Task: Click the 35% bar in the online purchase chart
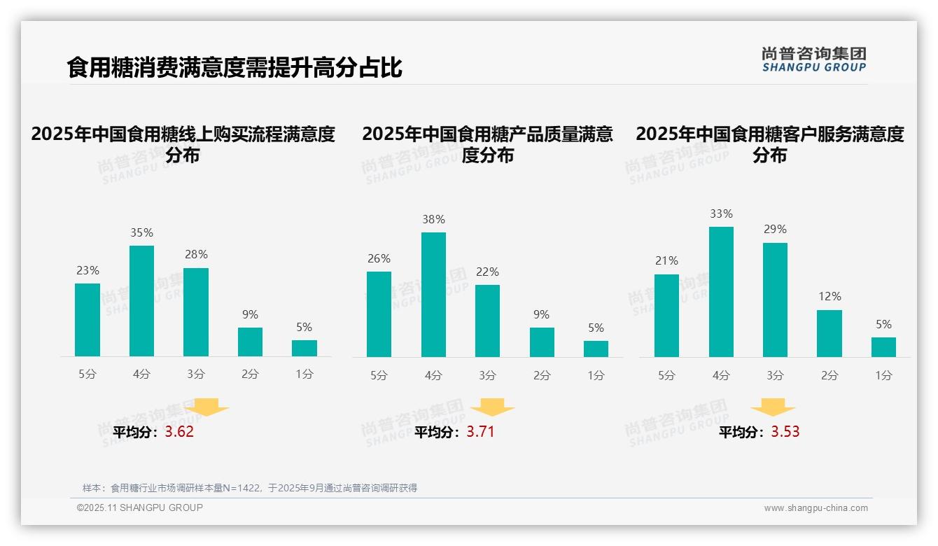pyautogui.click(x=141, y=301)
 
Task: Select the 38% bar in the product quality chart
pyautogui.click(x=433, y=295)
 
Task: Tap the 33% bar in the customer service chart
pyautogui.click(x=721, y=292)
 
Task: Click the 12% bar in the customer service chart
pyautogui.click(x=829, y=333)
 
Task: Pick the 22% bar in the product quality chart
pyautogui.click(x=487, y=321)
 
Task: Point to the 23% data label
pyautogui.click(x=87, y=270)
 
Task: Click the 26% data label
pyautogui.click(x=379, y=258)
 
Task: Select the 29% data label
pyautogui.click(x=775, y=229)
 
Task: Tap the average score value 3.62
pyautogui.click(x=179, y=432)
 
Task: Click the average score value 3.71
pyautogui.click(x=480, y=432)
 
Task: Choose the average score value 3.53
pyautogui.click(x=785, y=432)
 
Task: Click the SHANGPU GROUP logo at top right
pyautogui.click(x=814, y=59)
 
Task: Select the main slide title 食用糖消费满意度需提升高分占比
pyautogui.click(x=234, y=68)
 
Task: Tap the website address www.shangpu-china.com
pyautogui.click(x=815, y=508)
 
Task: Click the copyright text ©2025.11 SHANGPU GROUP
pyautogui.click(x=140, y=507)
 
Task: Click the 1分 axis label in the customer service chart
pyautogui.click(x=883, y=375)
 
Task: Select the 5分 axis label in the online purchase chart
pyautogui.click(x=87, y=374)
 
